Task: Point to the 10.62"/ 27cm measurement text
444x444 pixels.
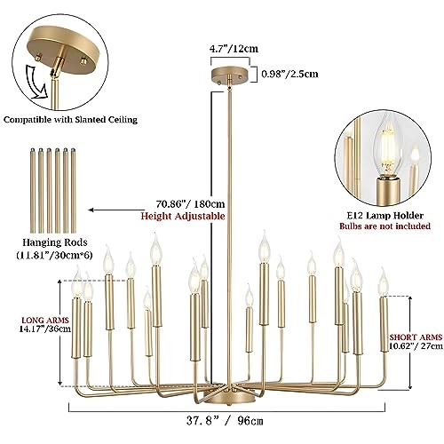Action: (x=415, y=348)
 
